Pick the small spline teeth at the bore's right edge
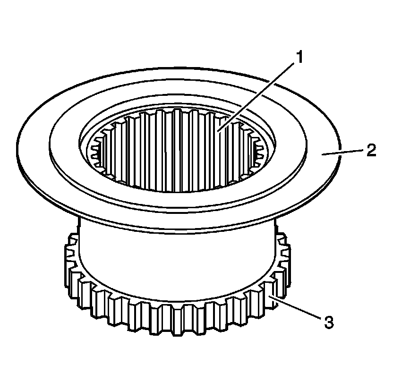coord(259,151)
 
